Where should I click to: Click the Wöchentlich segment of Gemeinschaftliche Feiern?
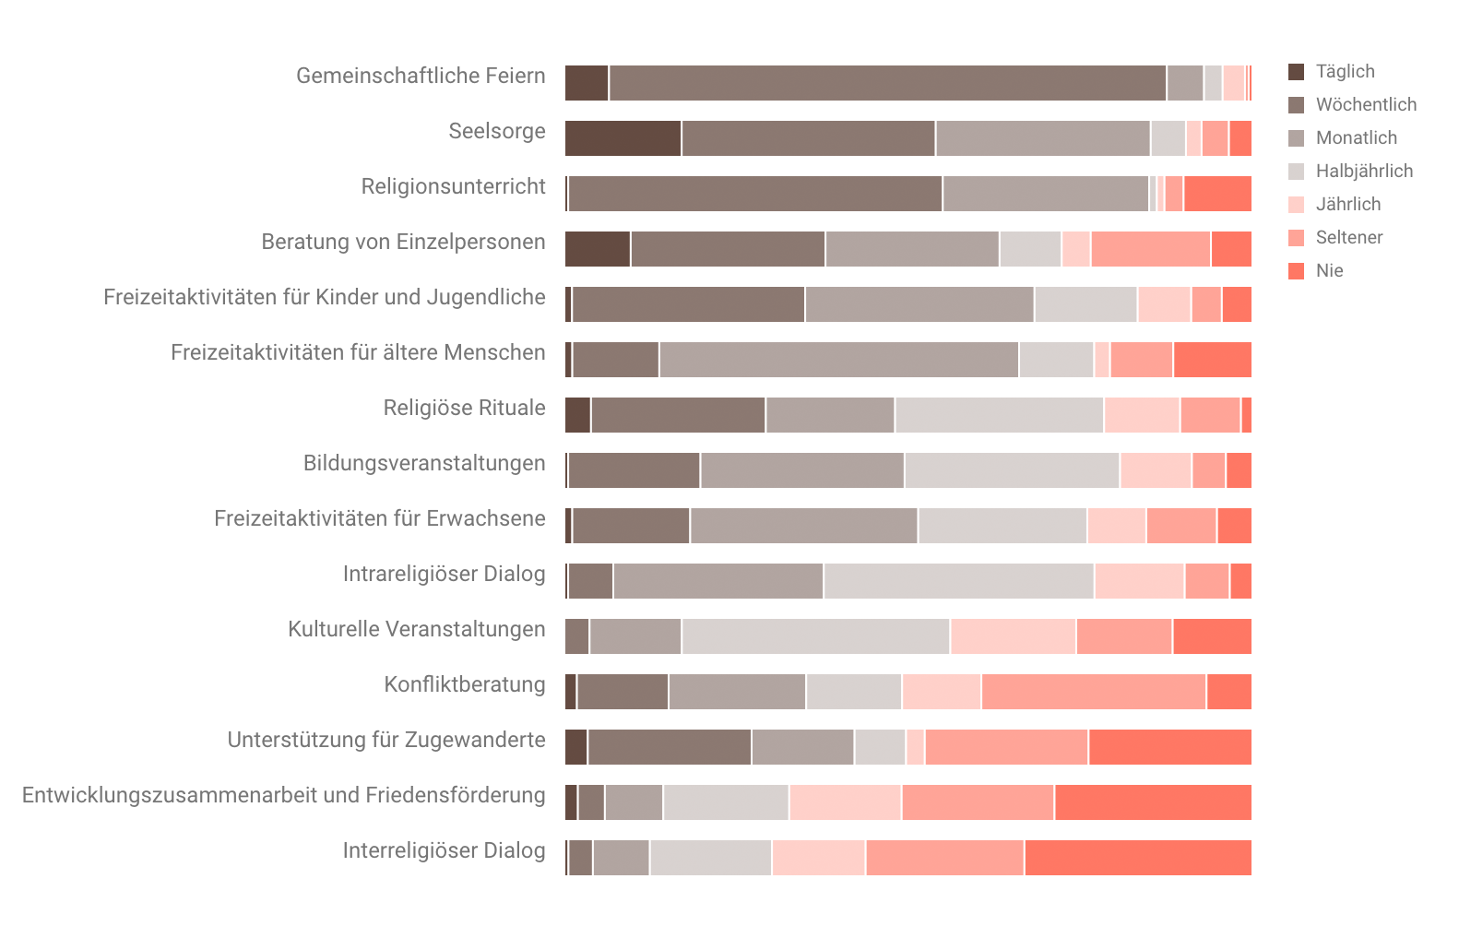(x=887, y=83)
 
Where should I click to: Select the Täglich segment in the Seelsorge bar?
(x=623, y=138)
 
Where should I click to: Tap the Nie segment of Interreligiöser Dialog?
(x=1138, y=858)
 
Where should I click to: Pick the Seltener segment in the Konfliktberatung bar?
(x=1094, y=692)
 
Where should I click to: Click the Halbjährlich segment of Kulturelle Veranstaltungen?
(x=815, y=636)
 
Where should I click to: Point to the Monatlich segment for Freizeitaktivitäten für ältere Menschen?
(x=839, y=360)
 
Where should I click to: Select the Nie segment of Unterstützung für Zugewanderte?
(x=1170, y=747)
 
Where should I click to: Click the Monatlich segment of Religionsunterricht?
(x=1046, y=194)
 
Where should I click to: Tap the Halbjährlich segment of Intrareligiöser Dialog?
(x=959, y=581)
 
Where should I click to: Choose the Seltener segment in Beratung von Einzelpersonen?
(x=1151, y=249)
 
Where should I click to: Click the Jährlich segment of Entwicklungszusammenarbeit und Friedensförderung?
(x=846, y=802)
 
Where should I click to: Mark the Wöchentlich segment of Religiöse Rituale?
(x=678, y=415)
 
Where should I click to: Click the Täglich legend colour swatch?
(x=1296, y=72)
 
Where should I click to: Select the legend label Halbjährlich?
(x=1364, y=172)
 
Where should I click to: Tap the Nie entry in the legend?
(x=1329, y=271)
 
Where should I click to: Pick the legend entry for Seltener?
(x=1348, y=238)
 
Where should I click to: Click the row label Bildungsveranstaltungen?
(x=424, y=463)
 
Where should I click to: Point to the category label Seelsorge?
(x=496, y=131)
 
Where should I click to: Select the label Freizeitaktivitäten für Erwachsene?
(x=379, y=518)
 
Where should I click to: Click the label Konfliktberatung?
(x=464, y=684)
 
